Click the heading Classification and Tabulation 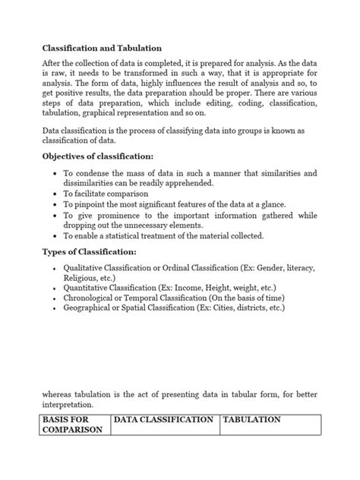(101, 47)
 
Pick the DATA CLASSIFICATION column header (163, 419)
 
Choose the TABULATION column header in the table (252, 419)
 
